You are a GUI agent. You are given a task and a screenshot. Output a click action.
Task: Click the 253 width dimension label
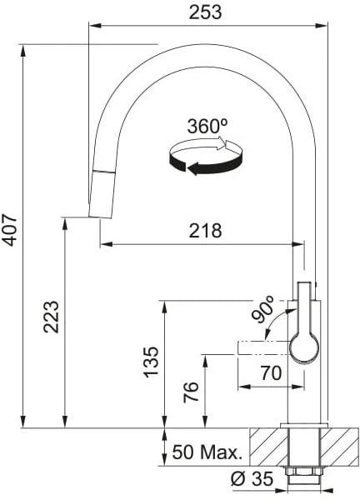pyautogui.click(x=205, y=12)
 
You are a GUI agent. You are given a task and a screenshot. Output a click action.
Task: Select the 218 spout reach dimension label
pyautogui.click(x=205, y=230)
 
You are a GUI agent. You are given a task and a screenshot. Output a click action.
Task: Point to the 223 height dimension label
pyautogui.click(x=52, y=317)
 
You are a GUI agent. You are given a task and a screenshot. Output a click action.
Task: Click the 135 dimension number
pyautogui.click(x=151, y=362)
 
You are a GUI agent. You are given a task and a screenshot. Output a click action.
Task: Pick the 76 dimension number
pyautogui.click(x=191, y=392)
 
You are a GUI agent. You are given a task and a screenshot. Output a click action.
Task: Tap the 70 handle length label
pyautogui.click(x=271, y=372)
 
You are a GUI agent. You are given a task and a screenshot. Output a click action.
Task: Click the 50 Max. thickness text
pyautogui.click(x=207, y=452)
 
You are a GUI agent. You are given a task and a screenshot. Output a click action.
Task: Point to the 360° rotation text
pyautogui.click(x=207, y=127)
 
